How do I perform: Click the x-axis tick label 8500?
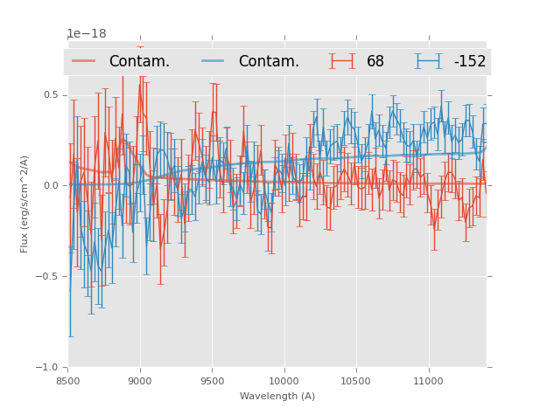68,381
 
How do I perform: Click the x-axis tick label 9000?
140,381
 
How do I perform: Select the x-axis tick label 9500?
212,381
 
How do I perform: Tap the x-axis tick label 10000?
284,381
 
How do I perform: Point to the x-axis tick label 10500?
356,381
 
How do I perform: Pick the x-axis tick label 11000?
428,381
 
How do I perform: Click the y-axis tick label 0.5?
51,94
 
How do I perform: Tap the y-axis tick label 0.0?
51,185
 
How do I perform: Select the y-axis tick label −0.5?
48,276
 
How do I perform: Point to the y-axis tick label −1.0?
48,367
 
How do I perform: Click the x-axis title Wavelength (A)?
277,396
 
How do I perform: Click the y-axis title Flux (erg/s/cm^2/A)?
25,204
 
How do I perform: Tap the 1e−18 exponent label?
87,34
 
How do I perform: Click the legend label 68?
375,62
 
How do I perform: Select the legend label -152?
470,62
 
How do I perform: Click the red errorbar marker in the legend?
342,61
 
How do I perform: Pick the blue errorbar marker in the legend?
429,61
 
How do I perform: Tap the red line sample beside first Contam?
84,61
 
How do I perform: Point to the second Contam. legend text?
269,62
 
